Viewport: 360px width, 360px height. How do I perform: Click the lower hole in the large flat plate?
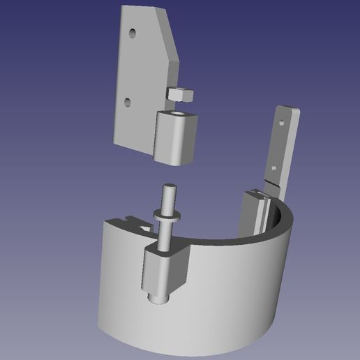[127, 102]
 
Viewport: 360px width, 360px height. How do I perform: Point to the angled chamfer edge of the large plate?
[170, 38]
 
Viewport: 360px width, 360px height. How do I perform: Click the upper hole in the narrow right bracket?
[282, 121]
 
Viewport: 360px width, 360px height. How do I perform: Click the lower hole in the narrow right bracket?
[274, 167]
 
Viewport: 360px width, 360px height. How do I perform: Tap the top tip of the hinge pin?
[169, 187]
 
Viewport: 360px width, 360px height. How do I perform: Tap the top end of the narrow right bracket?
[287, 110]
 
